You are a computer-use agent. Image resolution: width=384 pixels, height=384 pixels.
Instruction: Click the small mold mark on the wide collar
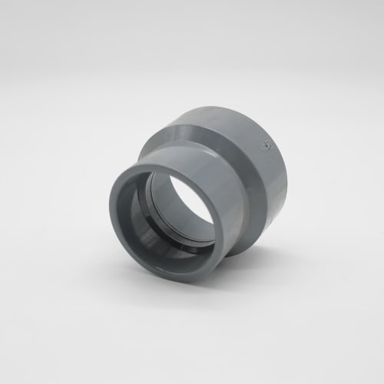tap(265, 144)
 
